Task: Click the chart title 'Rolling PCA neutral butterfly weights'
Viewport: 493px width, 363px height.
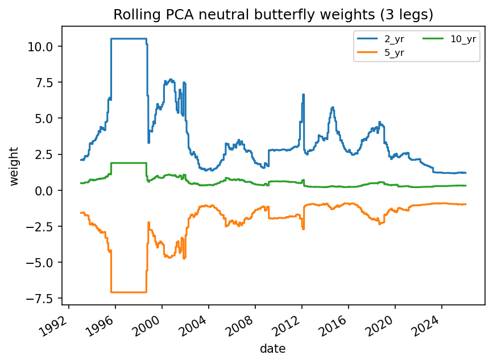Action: pos(274,14)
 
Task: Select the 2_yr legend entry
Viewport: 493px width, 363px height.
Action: pos(382,39)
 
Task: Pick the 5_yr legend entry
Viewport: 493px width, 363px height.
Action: pos(382,52)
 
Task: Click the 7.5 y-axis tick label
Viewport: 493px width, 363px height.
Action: pos(48,82)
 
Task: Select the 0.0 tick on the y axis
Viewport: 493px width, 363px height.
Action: pos(48,190)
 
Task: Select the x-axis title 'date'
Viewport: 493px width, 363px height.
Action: pos(274,348)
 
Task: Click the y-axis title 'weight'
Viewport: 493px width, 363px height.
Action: pos(14,166)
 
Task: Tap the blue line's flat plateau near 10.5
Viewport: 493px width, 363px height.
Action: pos(129,39)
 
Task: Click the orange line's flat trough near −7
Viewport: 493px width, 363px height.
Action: pos(129,292)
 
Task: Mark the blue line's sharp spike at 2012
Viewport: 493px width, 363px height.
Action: pos(303,95)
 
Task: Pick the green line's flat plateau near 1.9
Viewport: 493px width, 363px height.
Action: pos(129,163)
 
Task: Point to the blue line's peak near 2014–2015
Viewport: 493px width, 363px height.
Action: pos(333,107)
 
